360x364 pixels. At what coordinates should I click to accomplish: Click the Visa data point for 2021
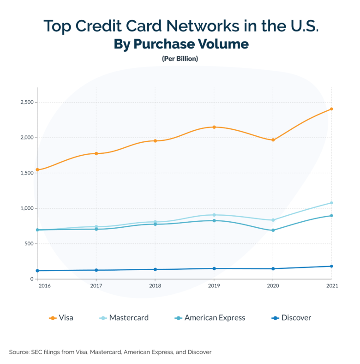coord(331,109)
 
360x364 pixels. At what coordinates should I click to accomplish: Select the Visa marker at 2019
coord(214,127)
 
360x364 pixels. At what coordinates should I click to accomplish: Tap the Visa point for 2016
coord(37,170)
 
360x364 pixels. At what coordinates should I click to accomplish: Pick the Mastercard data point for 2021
coord(331,203)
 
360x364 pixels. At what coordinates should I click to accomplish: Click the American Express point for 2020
coord(273,230)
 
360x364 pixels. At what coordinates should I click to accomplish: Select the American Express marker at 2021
coord(331,216)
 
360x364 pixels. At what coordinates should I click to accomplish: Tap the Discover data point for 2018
coord(155,269)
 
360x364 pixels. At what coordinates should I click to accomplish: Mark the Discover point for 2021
coord(331,266)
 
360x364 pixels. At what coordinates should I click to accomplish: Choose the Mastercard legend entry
coord(123,318)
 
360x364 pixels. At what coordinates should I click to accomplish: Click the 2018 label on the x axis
coord(155,286)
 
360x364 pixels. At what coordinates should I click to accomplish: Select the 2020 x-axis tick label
coord(273,286)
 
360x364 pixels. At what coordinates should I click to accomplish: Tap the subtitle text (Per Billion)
coord(180,59)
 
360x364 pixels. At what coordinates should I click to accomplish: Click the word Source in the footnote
coord(19,352)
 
